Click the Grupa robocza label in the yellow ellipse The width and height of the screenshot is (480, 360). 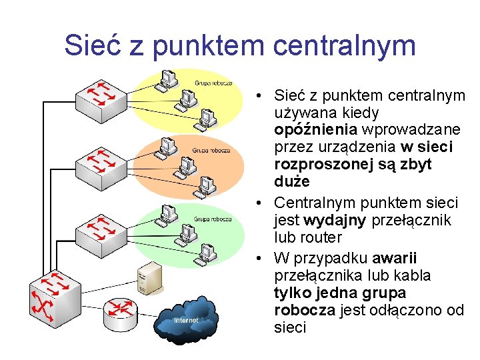point(213,83)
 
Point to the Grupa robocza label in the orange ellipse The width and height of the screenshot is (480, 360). point(211,151)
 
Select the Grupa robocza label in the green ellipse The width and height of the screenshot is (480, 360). point(213,218)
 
